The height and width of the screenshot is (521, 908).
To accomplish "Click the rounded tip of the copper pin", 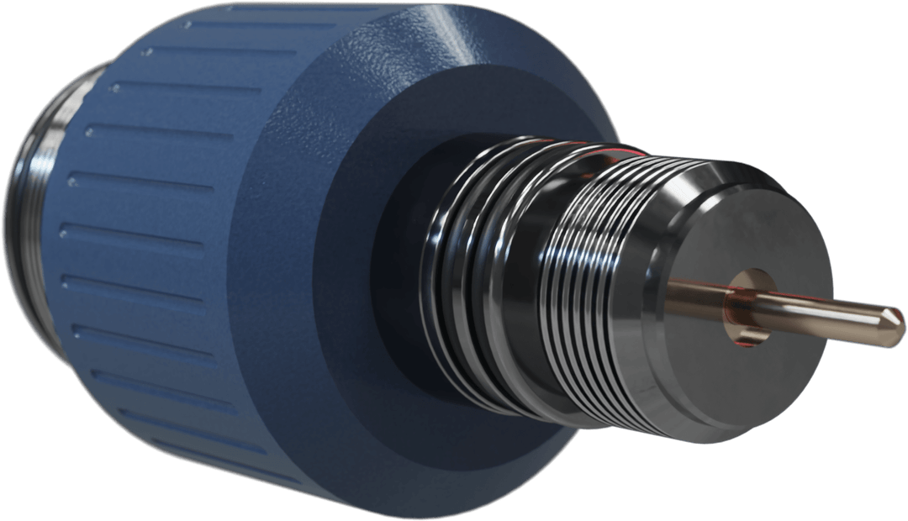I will (895, 318).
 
